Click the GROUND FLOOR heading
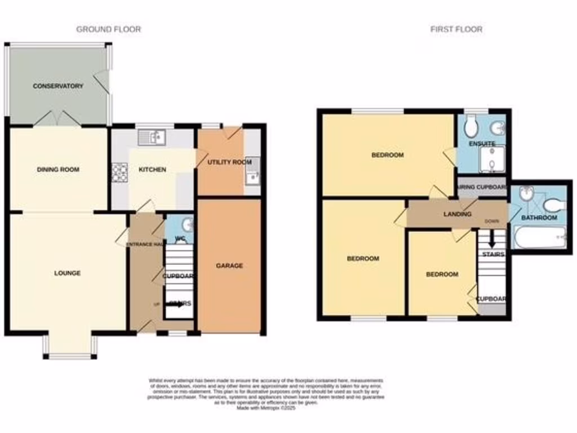point(108,29)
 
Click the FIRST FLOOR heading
point(456,29)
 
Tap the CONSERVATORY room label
point(58,86)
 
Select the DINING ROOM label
point(58,170)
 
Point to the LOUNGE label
point(67,273)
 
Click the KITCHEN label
point(153,170)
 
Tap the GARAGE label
point(229,266)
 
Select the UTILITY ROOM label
point(229,162)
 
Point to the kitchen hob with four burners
point(120,173)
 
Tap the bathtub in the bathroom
point(539,237)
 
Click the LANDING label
point(457,214)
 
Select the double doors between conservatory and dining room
point(56,120)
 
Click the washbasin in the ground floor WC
point(187,224)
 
